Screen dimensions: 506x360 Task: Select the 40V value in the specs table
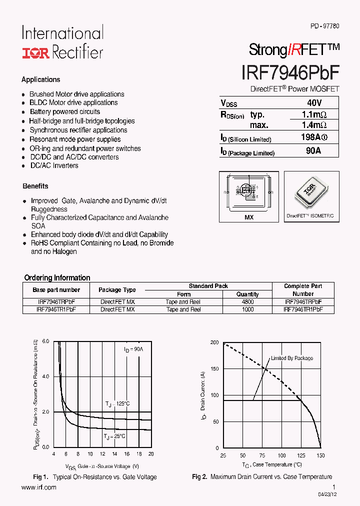tap(313, 103)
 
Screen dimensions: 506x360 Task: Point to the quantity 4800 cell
tap(247, 302)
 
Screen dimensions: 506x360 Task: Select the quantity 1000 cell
tap(247, 309)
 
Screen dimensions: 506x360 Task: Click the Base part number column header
tap(56, 290)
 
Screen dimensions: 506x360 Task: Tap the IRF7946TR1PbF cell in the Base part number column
tap(56, 309)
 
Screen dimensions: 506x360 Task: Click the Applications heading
tap(40, 79)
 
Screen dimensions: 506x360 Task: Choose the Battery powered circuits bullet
tap(64, 112)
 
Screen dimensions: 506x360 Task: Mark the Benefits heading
tap(35, 186)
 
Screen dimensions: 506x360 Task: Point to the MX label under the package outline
tap(249, 217)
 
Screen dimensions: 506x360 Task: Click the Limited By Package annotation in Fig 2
tap(291, 358)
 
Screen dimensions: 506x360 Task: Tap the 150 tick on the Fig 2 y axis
tap(214, 369)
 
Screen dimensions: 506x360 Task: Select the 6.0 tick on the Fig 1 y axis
tap(45, 341)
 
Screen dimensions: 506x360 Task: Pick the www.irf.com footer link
tap(39, 487)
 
